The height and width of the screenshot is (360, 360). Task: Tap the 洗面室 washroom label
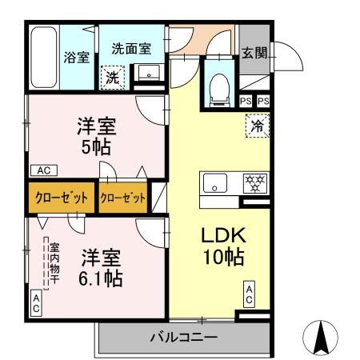point(131,47)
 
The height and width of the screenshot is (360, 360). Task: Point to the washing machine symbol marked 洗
point(113,77)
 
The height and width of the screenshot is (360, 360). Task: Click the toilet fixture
point(218,89)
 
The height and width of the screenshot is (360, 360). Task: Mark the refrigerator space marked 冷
point(257,125)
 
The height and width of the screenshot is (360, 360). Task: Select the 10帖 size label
point(222,259)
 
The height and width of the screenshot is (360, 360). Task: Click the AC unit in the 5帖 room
point(43,170)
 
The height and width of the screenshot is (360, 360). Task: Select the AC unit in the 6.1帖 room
point(37,302)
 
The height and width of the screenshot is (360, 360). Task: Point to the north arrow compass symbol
point(321,337)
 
